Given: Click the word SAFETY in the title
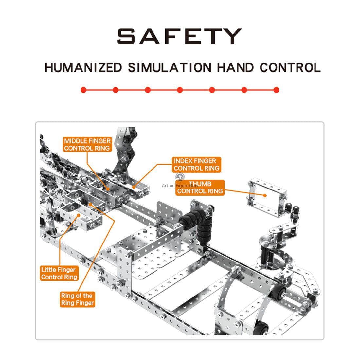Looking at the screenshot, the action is pos(180,36).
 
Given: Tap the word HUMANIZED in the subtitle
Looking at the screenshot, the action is pos(83,68).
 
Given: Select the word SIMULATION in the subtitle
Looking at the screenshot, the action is pos(170,68).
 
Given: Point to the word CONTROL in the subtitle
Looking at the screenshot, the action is pos(290,68).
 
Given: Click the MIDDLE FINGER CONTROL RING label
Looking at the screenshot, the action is pos(87,144).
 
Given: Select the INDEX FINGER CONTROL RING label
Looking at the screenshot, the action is pos(197,165).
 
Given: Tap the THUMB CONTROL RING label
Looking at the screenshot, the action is pos(200,188).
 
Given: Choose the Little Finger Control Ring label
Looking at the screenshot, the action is pos(59,273).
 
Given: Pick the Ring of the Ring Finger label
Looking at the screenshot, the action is pos(77,299).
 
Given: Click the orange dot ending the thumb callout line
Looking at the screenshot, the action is pos(265,195).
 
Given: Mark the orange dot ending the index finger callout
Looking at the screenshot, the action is pos(134,187).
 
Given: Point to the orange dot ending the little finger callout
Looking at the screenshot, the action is pos(79,215).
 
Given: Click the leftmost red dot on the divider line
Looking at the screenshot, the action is pos(83,90).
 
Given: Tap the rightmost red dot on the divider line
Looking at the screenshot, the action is pos(277,90).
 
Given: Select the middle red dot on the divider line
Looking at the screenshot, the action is pos(180,90).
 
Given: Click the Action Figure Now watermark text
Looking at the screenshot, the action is pos(180,185).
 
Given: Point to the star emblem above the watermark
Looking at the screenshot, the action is pos(180,177).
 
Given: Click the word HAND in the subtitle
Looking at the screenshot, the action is pos(236,68).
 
